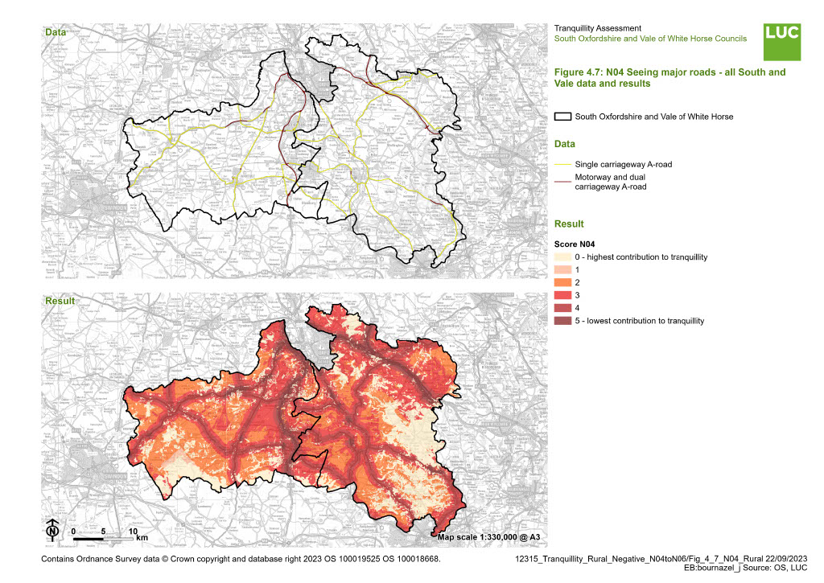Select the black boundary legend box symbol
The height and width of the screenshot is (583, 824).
(563, 117)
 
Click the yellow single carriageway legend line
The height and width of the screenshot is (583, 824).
(563, 164)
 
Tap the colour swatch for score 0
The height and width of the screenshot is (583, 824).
(563, 257)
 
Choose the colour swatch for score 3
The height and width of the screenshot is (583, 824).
(563, 295)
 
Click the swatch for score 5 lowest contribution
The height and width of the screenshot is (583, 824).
(563, 321)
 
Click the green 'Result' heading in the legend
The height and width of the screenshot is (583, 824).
(569, 224)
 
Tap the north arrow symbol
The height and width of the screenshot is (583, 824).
(52, 530)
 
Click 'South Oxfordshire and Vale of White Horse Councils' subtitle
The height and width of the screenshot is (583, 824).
(650, 39)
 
